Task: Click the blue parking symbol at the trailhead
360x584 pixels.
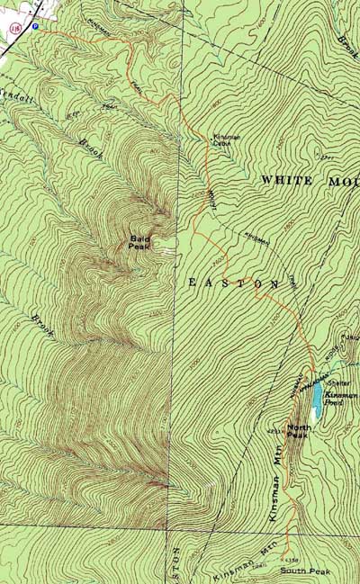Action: point(35,27)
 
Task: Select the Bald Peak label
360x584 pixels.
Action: point(140,240)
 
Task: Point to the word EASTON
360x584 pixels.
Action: point(233,283)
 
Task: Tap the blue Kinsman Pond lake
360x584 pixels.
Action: point(316,395)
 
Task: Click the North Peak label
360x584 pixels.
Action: point(299,430)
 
